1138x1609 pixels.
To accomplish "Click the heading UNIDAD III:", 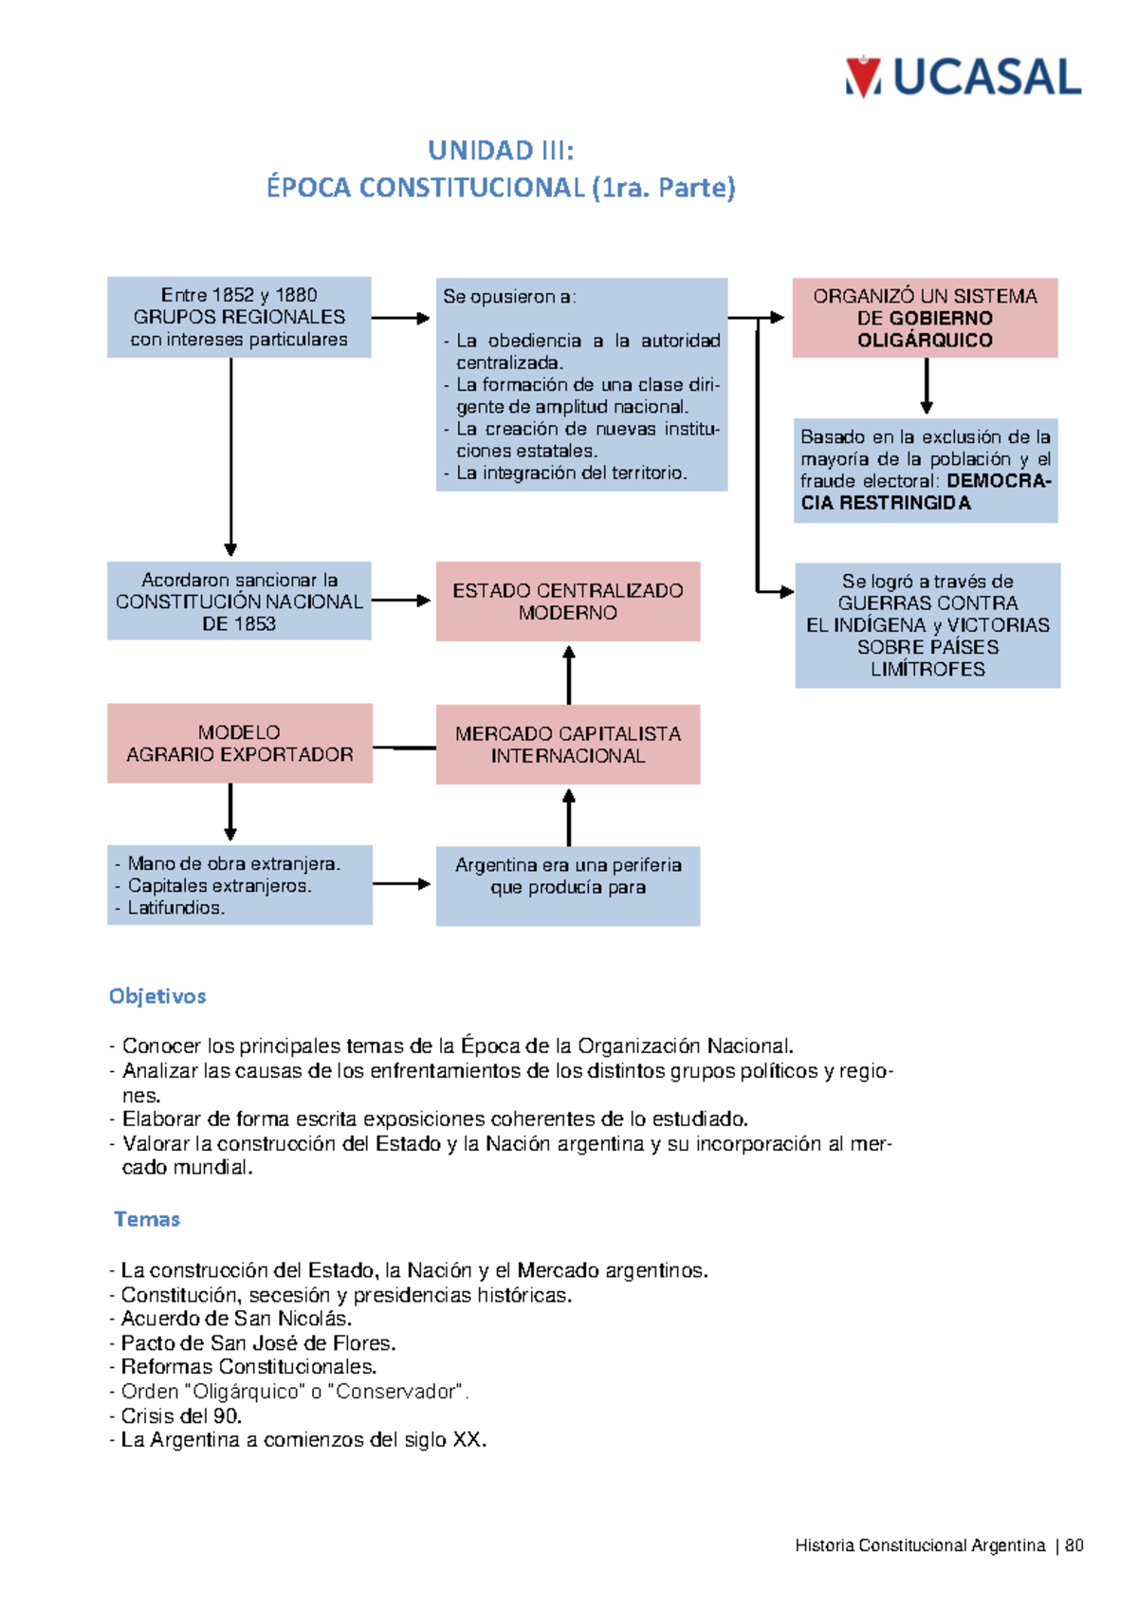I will click(500, 151).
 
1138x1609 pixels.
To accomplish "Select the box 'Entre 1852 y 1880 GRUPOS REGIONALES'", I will click(239, 317).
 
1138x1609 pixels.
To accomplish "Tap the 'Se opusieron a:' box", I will click(581, 384).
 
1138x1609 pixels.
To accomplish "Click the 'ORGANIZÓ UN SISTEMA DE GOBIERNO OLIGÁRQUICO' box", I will click(925, 318).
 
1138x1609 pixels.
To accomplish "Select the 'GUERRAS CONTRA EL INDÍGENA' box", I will click(927, 625).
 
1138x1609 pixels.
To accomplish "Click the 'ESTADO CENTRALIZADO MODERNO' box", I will click(568, 601).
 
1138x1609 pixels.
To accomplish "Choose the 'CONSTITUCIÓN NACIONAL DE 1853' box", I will click(239, 601).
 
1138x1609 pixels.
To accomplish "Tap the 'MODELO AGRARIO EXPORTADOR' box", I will click(239, 744).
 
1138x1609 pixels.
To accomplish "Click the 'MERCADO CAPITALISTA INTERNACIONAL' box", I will click(568, 745).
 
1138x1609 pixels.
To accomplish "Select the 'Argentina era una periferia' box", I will click(568, 886).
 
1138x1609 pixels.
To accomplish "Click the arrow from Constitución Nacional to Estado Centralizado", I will click(401, 601).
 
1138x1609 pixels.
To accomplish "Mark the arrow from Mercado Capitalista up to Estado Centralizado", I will click(569, 675).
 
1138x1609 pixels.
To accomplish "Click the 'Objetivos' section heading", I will click(157, 996).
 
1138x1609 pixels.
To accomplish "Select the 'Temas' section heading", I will click(147, 1219).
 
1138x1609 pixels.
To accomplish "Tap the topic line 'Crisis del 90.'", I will click(181, 1415).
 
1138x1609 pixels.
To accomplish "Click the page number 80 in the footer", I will click(1074, 1545).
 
